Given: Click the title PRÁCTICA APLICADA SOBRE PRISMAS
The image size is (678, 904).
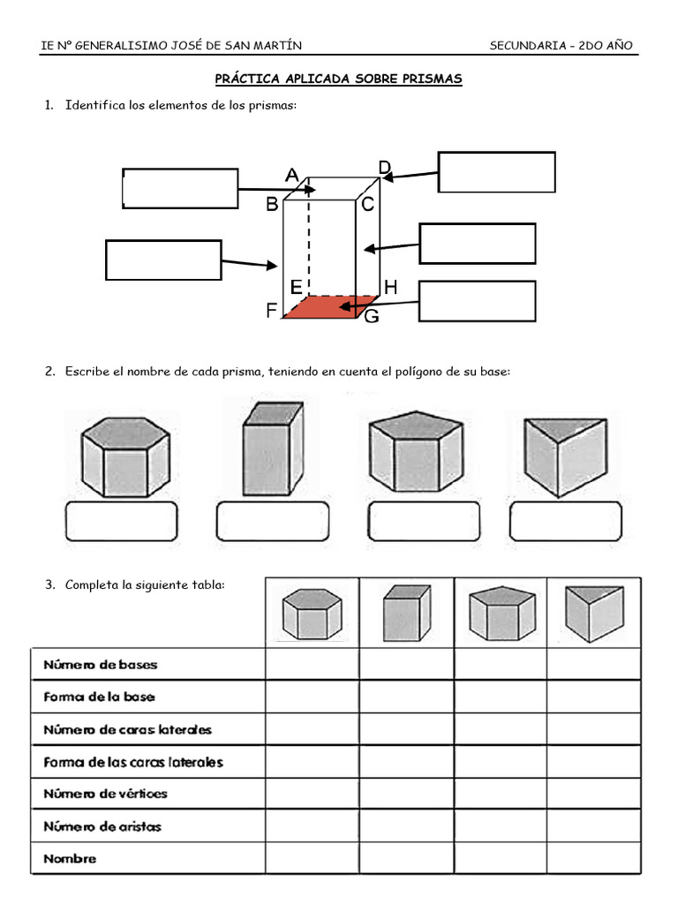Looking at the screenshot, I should pyautogui.click(x=339, y=79).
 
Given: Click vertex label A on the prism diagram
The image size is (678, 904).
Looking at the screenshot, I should pyautogui.click(x=291, y=177).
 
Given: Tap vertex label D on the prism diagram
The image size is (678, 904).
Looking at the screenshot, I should pyautogui.click(x=384, y=167).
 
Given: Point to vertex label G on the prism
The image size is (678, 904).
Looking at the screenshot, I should pyautogui.click(x=372, y=316).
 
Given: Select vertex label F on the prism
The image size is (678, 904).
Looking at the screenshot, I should pyautogui.click(x=271, y=312).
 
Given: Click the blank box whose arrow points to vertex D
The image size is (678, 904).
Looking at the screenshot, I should pyautogui.click(x=496, y=172).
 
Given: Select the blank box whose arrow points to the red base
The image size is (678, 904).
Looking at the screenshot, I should pyautogui.click(x=477, y=301).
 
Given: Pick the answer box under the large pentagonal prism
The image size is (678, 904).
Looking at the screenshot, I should pyautogui.click(x=423, y=522).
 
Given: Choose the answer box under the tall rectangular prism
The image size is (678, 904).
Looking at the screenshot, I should pyautogui.click(x=272, y=522).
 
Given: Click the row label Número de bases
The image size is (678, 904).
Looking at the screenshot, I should pyautogui.click(x=100, y=664).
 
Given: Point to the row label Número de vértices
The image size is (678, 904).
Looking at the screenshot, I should pyautogui.click(x=105, y=794).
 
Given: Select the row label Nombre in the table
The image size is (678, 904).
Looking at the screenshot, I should pyautogui.click(x=70, y=858).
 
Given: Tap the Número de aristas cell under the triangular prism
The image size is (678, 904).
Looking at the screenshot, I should pyautogui.click(x=593, y=826).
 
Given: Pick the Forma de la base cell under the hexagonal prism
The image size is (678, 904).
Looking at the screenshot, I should pyautogui.click(x=312, y=697).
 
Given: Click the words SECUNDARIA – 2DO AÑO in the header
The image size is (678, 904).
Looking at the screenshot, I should pyautogui.click(x=561, y=46).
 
